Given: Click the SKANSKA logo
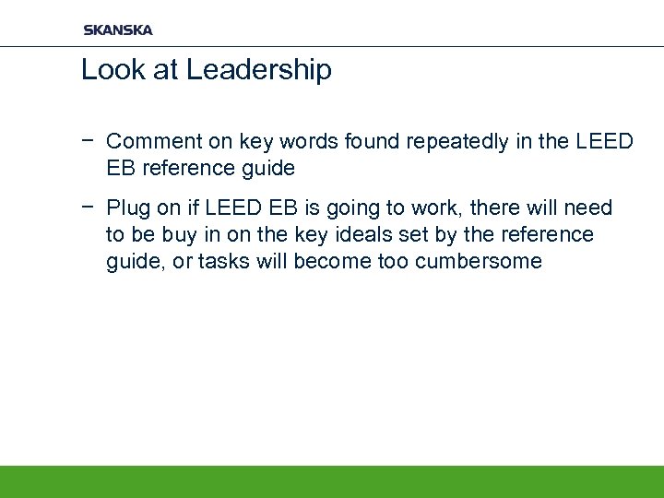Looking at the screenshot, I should click(118, 30).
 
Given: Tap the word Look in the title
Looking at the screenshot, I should click(109, 70).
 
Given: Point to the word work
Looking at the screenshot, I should click(440, 208).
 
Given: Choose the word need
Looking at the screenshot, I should click(590, 208).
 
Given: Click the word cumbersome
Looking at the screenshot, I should click(479, 262).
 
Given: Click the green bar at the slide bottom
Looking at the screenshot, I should click(332, 481).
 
